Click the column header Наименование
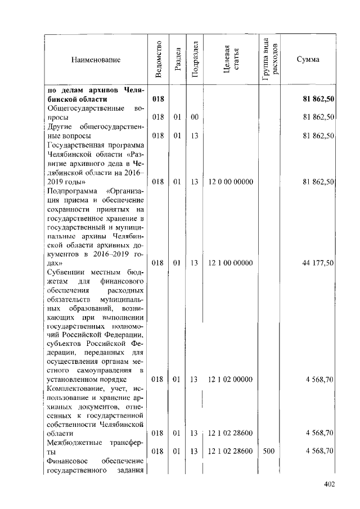[96, 60]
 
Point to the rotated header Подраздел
[195, 59]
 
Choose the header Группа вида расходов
[269, 59]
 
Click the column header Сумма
[308, 60]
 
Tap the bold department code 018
[158, 99]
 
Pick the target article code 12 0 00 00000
[231, 182]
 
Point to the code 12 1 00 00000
[231, 263]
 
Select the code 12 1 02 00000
[231, 380]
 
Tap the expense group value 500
[269, 451]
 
